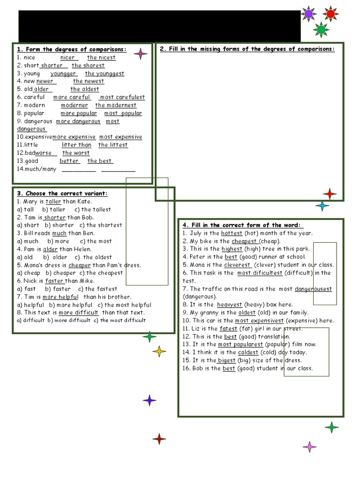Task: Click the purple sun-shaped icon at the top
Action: pos(308,14)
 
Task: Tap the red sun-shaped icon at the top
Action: pos(330,14)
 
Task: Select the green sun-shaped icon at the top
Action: pos(321,30)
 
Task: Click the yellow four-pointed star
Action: pos(159,351)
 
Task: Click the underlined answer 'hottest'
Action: pos(232,233)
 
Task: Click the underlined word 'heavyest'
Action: pos(229,305)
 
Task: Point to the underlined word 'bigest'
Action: pos(227,360)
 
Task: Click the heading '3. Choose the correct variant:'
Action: pos(62,193)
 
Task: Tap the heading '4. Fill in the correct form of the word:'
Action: pos(243,225)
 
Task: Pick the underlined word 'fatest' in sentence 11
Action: pos(229,329)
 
